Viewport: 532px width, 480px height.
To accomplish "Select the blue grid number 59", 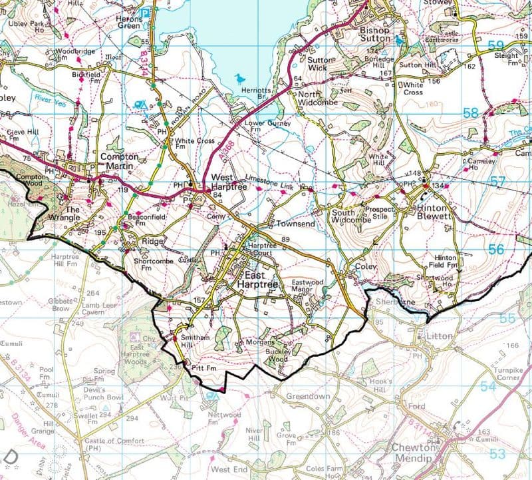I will tap(495, 45).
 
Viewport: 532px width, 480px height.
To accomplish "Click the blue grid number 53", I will tap(497, 454).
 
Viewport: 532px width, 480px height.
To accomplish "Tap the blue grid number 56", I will tap(495, 249).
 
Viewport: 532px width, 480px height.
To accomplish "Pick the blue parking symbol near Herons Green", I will tap(144, 11).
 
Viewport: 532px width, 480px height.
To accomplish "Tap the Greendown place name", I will tap(308, 395).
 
